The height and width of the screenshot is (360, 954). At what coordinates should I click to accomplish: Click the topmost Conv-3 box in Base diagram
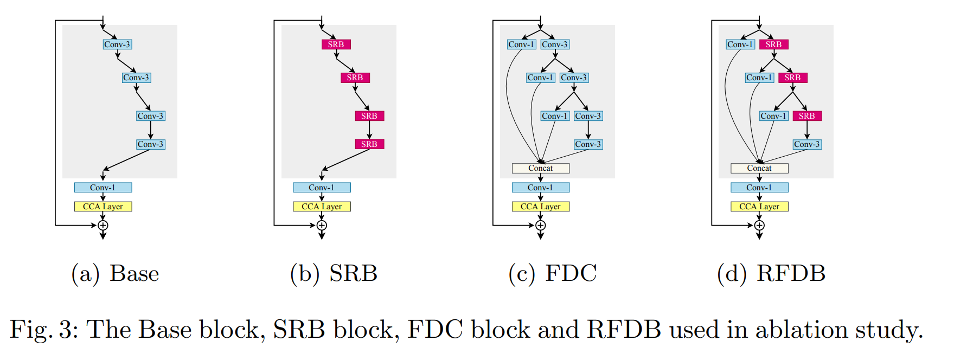[x=117, y=44]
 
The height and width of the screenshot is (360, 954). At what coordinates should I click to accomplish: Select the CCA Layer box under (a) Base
[x=103, y=207]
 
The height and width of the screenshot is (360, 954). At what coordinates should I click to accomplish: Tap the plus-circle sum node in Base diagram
[x=103, y=226]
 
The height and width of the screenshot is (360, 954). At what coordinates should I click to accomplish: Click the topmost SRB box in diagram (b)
[x=336, y=44]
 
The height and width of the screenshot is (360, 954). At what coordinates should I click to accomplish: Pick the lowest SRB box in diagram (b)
[x=369, y=144]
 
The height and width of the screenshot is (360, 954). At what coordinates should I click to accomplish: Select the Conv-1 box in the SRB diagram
[x=322, y=188]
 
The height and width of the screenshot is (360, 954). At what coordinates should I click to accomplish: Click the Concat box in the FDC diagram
[x=541, y=168]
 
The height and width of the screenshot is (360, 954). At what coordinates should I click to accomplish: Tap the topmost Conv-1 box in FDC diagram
[x=521, y=44]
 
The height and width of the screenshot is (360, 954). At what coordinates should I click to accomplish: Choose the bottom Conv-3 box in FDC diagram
[x=588, y=144]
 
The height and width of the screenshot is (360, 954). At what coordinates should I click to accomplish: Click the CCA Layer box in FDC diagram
[x=541, y=207]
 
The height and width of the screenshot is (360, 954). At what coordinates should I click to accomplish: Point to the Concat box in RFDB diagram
[x=759, y=168]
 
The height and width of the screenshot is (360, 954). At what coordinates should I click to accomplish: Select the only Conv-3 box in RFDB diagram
[x=807, y=144]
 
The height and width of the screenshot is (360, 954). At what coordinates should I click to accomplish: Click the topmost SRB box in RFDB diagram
[x=773, y=44]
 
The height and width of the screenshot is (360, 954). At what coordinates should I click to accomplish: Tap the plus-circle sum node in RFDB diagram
[x=759, y=226]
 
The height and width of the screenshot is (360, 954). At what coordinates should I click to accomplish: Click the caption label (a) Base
[x=115, y=273]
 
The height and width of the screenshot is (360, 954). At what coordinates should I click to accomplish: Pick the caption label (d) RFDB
[x=771, y=273]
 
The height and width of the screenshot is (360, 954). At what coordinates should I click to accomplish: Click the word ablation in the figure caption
[x=802, y=330]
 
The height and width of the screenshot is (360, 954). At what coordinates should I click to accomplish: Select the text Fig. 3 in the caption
[x=41, y=330]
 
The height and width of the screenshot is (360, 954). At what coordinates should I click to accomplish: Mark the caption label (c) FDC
[x=552, y=273]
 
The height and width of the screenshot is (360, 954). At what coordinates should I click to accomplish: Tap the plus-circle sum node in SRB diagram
[x=322, y=226]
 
